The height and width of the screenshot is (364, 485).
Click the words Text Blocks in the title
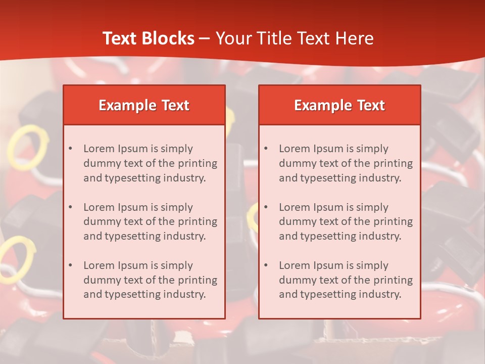148,38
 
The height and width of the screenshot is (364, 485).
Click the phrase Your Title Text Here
295,38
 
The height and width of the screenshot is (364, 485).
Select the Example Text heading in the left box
144,105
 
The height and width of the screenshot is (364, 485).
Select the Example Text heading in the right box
339,105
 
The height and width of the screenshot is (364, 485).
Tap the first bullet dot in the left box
70,149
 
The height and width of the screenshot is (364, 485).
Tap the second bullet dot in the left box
70,207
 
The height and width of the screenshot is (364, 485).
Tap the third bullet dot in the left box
70,265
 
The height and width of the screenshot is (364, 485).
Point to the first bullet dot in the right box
266,149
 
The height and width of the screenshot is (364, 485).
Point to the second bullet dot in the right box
266,207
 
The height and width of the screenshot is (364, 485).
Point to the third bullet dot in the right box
266,265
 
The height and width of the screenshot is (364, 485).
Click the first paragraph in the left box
150,163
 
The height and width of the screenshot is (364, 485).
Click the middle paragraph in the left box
150,221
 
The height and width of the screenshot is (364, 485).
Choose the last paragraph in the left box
150,280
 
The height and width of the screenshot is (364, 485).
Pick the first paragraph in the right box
346,163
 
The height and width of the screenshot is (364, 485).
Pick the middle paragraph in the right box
346,221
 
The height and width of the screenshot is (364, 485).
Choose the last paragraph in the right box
346,280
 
